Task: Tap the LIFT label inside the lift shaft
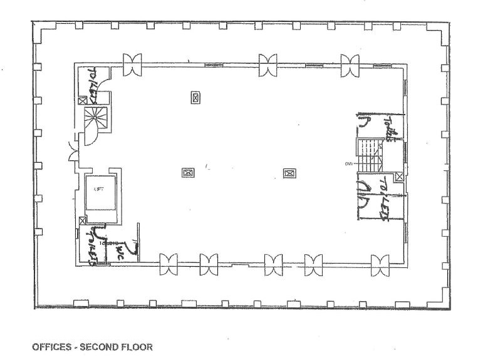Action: (x=98, y=188)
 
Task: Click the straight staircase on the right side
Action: (x=370, y=154)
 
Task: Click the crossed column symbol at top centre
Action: (x=196, y=98)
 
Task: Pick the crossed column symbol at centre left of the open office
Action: (x=187, y=173)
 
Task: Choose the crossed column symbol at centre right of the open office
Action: (x=289, y=173)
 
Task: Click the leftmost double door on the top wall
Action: (x=132, y=64)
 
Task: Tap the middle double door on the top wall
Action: (x=268, y=64)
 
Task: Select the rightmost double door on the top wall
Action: (x=350, y=64)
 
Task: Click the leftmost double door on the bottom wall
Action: (x=168, y=264)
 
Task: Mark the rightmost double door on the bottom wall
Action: (x=380, y=264)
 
